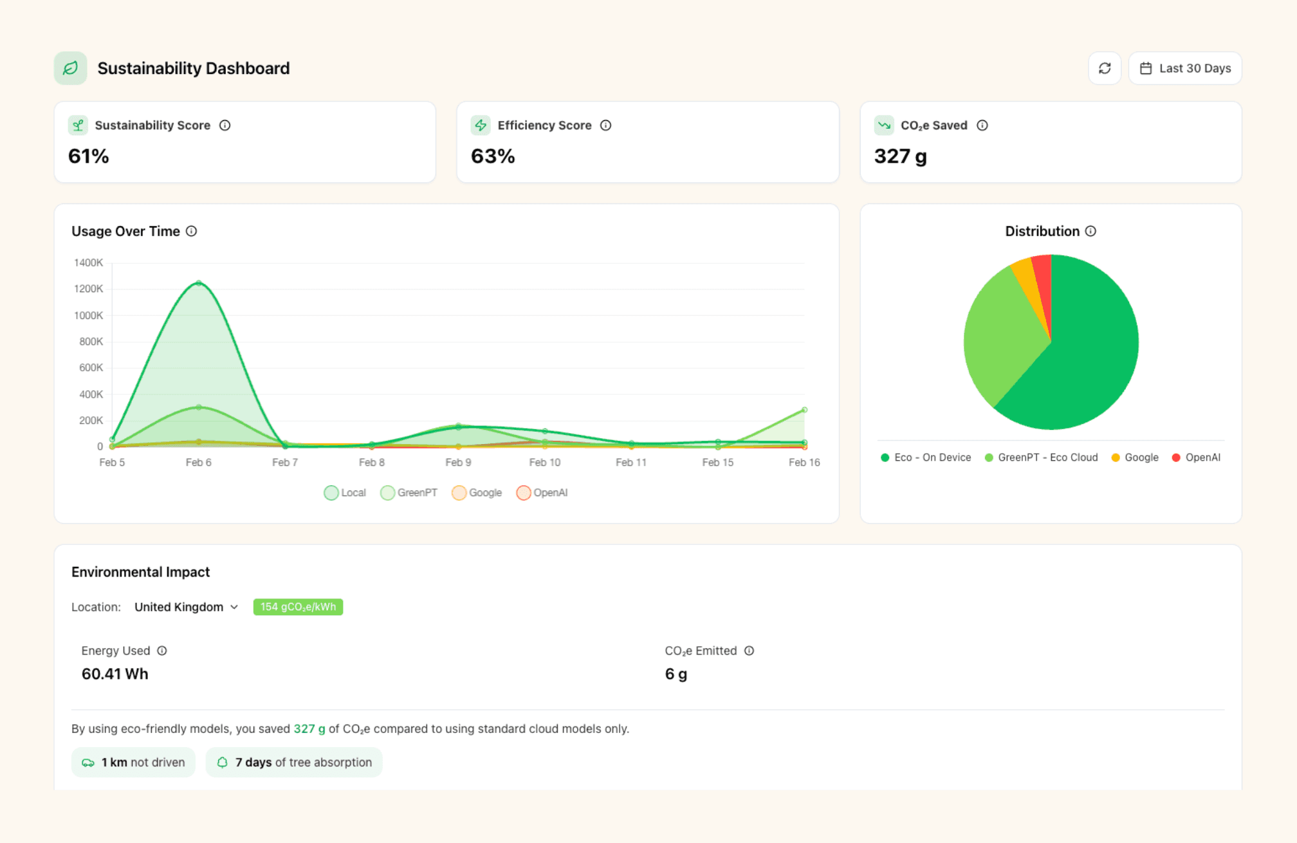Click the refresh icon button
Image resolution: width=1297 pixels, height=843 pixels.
pos(1104,68)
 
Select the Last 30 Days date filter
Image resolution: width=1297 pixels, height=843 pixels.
pos(1185,68)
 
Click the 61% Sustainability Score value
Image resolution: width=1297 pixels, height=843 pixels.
pos(89,156)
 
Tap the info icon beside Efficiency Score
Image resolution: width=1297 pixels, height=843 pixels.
pos(605,125)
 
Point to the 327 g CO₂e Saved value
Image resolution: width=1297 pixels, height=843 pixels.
pos(900,156)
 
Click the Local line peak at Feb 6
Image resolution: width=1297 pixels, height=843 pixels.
pos(199,283)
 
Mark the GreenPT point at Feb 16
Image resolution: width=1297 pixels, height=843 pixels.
pos(804,410)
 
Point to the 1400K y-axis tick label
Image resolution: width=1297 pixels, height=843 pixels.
pos(88,263)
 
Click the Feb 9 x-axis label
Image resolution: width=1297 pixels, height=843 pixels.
pos(458,462)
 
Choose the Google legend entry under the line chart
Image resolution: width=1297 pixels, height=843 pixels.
pos(477,493)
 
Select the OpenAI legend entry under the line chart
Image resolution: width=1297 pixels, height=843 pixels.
pos(542,493)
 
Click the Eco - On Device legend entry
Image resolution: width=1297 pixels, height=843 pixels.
pos(926,458)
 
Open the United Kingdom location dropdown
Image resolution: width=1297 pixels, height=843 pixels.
pos(186,607)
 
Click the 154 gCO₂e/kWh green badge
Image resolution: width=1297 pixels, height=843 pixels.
pos(298,607)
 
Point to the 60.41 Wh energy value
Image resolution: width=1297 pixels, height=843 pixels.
pos(115,674)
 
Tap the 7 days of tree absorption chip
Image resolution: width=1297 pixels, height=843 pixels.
pos(294,763)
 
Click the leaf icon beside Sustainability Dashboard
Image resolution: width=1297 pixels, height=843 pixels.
pos(70,68)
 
